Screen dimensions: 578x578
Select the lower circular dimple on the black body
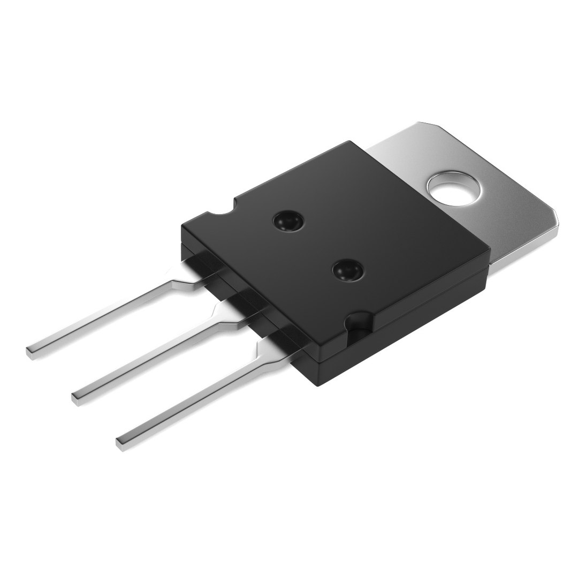click(x=346, y=271)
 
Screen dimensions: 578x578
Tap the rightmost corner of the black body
click(x=490, y=252)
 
